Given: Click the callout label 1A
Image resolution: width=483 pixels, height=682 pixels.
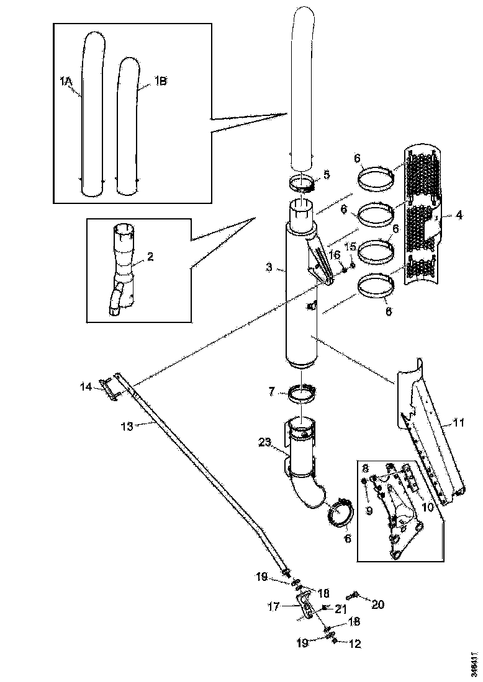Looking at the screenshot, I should point(66,81).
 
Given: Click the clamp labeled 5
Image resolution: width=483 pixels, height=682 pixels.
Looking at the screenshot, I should point(302,183).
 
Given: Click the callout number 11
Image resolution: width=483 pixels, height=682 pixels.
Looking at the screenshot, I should point(458,423).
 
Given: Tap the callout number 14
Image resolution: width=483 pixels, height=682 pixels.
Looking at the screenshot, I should point(86,387).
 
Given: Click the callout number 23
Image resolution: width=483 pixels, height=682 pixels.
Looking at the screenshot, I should point(264,442).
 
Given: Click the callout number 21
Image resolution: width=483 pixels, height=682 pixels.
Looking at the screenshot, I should point(340,609).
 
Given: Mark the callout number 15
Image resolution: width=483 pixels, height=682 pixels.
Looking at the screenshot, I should point(351,247).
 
